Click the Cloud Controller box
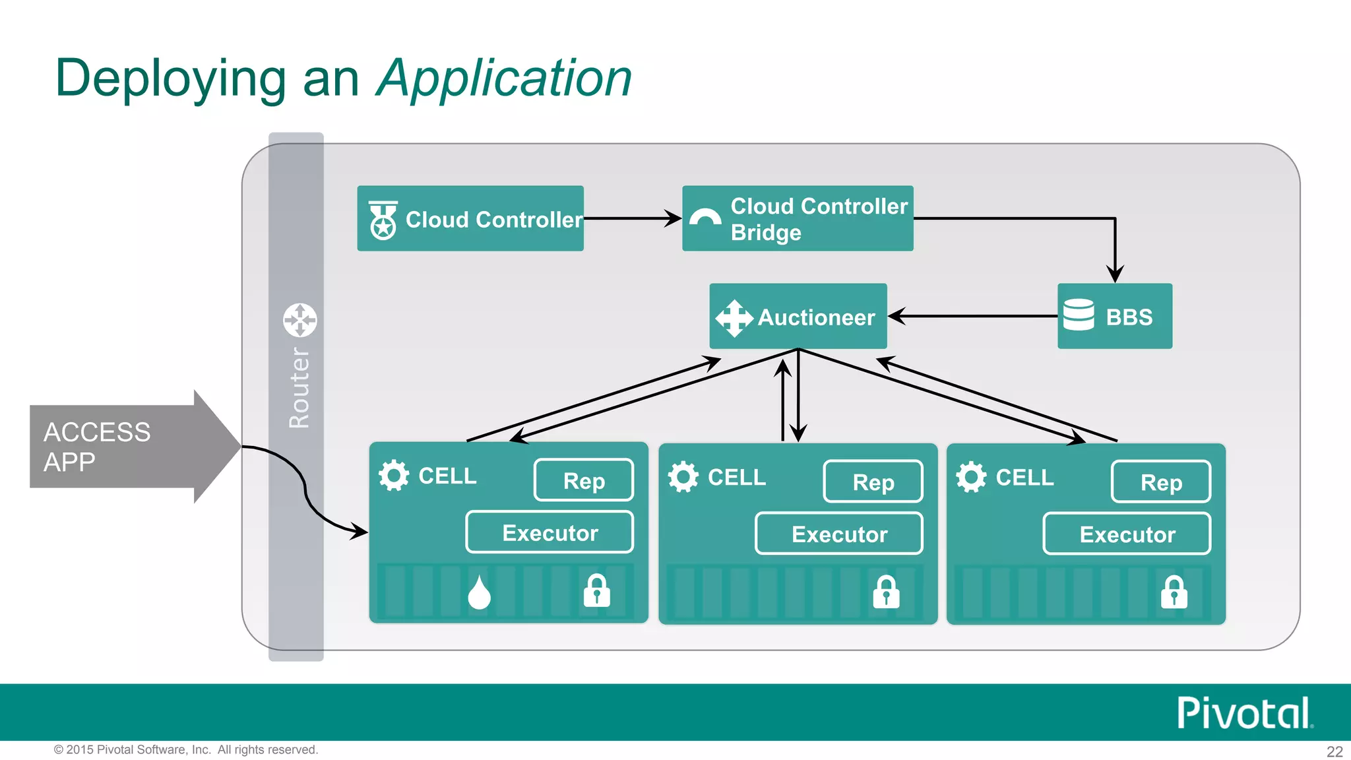470,218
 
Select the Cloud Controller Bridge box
797,218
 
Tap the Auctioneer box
798,317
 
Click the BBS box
1114,317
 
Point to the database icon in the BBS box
1079,315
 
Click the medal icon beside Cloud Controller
383,220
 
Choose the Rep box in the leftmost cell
584,480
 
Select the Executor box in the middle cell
838,534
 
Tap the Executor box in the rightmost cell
1127,534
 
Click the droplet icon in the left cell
480,592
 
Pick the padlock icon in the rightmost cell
1174,592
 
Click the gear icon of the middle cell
683,476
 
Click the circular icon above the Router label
300,321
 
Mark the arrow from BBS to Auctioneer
972,317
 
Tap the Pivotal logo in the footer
1244,713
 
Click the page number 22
1335,751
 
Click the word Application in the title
504,79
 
